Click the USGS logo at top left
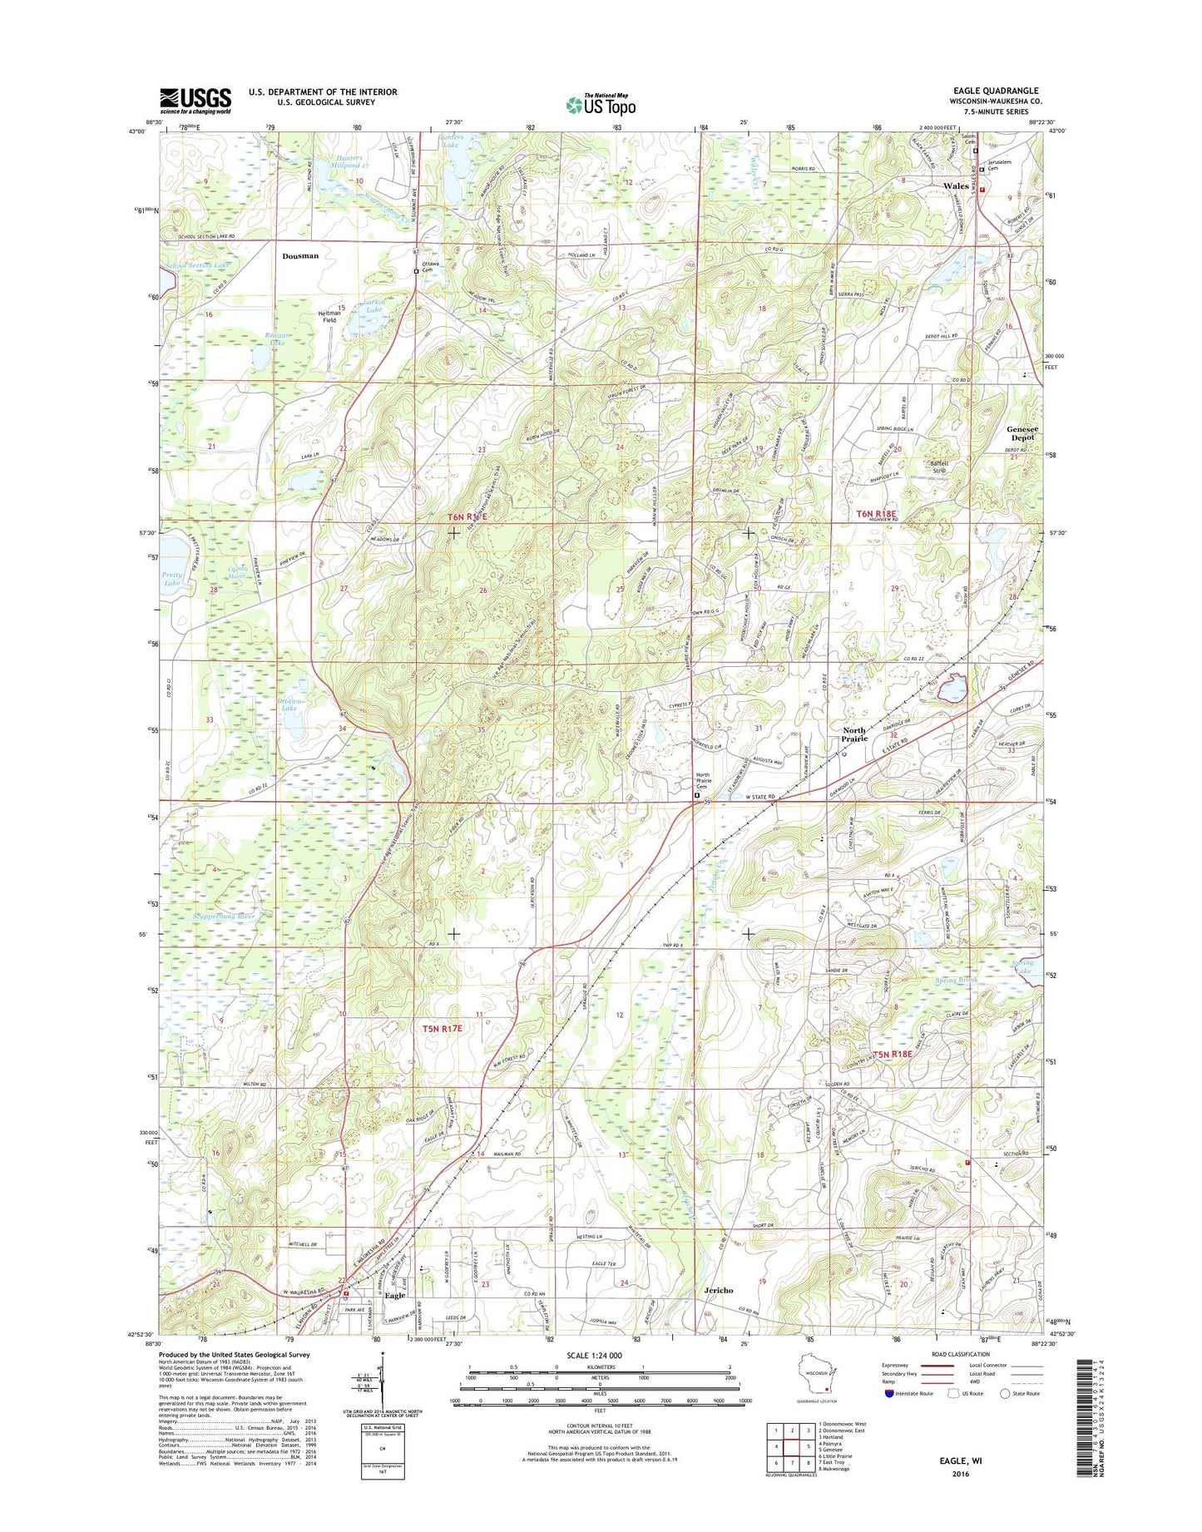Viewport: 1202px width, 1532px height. coord(195,101)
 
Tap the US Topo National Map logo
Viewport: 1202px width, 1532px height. coord(601,104)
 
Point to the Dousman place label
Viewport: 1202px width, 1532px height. coord(299,256)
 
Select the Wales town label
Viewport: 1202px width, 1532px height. coord(956,186)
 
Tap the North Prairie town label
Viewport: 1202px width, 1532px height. coord(853,734)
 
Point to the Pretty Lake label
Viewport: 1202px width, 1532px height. coord(172,579)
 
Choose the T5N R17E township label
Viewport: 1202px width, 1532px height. coord(442,1029)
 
